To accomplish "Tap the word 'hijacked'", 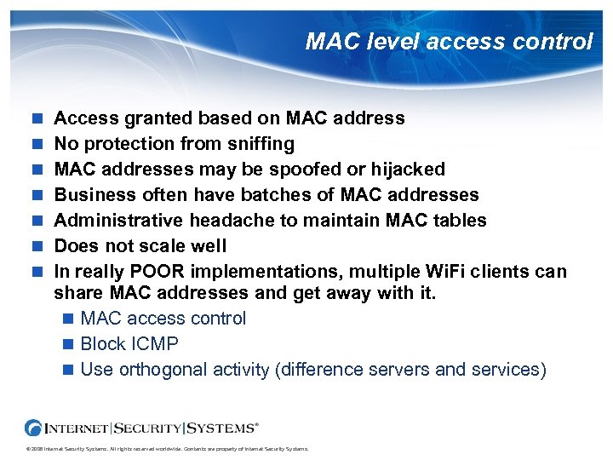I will (408, 169).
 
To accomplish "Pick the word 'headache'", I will (228, 220).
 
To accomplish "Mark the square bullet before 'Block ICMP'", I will (68, 345).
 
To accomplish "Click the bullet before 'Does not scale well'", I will (36, 246).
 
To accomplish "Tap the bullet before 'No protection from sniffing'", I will (36, 144).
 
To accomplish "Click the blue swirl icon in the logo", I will (34, 427).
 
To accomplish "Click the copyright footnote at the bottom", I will (167, 448).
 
